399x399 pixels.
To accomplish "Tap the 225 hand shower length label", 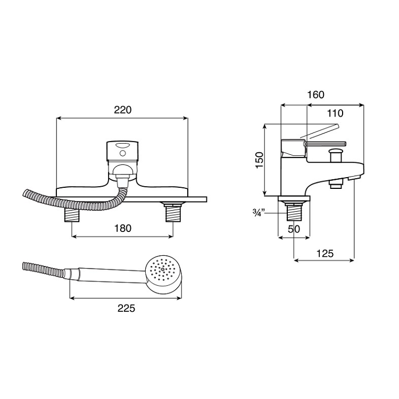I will coord(126,309).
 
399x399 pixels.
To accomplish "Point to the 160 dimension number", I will coord(315,95).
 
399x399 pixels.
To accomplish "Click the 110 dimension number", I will coord(335,113).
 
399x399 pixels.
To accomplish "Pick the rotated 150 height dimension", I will coord(259,160).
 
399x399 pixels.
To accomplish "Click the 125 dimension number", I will coord(325,254).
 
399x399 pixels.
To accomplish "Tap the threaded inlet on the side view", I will coord(294,212).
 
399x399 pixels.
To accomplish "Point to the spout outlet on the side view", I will coord(335,184).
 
